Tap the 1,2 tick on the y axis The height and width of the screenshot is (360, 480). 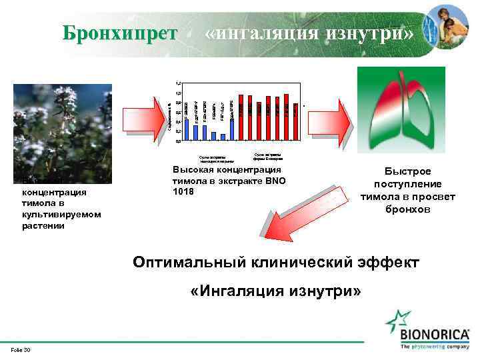pyautogui.click(x=177, y=83)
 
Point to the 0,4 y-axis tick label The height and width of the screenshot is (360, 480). pyautogui.click(x=177, y=122)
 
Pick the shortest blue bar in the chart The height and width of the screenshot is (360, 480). pyautogui.click(x=223, y=137)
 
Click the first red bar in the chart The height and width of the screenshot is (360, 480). pyautogui.click(x=241, y=117)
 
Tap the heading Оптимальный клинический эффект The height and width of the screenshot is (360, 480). pyautogui.click(x=276, y=262)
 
